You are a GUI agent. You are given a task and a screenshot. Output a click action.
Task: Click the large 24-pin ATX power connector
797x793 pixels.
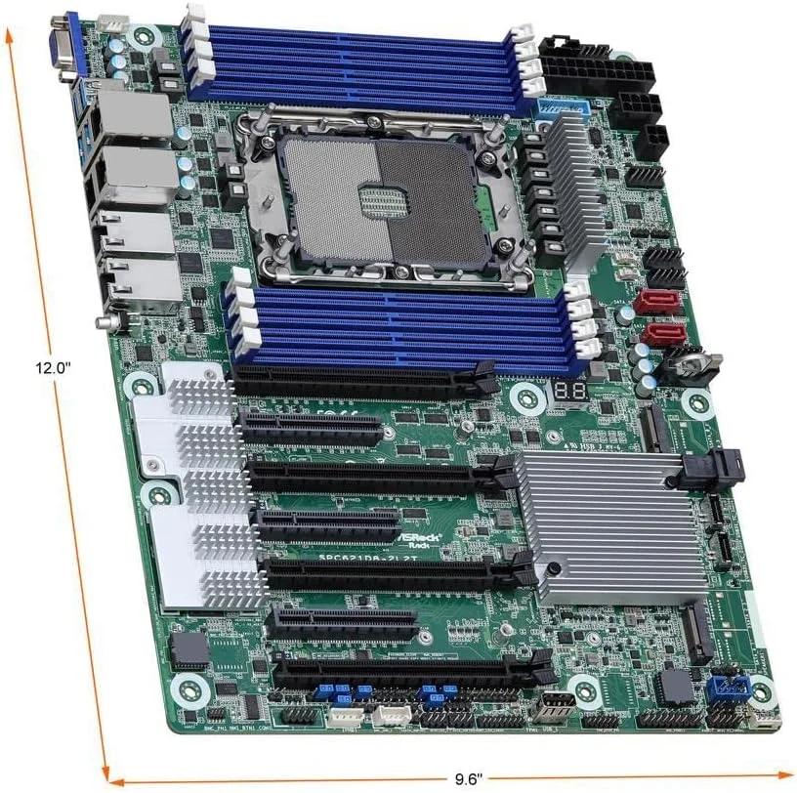tap(576, 70)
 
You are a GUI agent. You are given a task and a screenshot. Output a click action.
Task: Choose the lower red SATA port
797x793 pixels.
tap(664, 335)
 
